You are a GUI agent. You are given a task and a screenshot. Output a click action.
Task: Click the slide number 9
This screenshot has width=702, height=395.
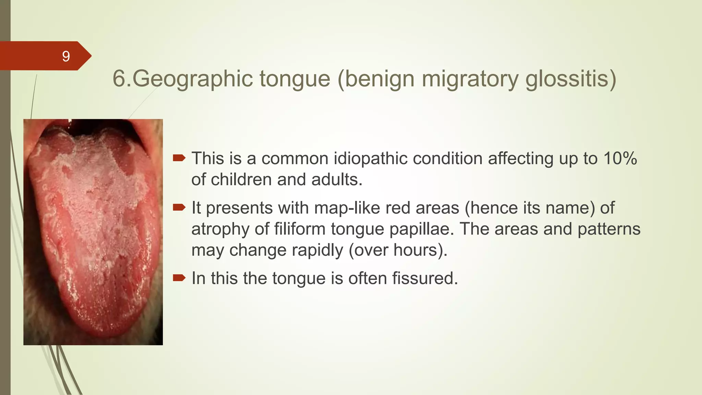(66, 56)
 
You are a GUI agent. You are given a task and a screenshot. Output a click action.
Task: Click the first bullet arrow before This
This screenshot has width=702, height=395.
(179, 158)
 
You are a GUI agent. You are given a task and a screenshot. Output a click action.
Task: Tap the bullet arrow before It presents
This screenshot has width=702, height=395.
(179, 207)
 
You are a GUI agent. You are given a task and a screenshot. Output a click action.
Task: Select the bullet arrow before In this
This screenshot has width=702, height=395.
(179, 278)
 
